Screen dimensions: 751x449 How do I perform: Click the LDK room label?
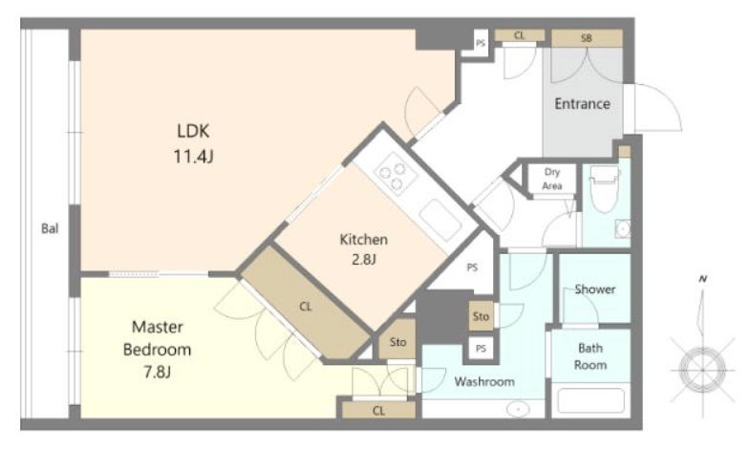(193, 131)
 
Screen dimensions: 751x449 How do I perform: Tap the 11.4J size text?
(193, 156)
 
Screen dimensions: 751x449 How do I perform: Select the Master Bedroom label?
(157, 338)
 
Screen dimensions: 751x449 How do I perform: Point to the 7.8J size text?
(157, 372)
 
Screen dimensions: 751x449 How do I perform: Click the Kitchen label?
(363, 240)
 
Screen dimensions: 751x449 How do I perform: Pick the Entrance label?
(583, 104)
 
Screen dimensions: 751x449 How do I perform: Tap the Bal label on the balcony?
(50, 228)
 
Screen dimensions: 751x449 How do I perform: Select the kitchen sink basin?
(440, 219)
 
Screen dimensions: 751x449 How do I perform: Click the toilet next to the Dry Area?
(605, 188)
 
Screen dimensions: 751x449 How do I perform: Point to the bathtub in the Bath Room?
(591, 400)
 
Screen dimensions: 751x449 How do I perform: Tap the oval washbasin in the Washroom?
(518, 409)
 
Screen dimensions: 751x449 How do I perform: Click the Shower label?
(595, 289)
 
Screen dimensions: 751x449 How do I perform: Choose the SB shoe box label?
(587, 38)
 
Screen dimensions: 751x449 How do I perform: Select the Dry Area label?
(552, 179)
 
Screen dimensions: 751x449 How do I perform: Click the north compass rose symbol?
(702, 370)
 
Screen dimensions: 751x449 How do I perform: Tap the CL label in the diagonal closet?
(306, 307)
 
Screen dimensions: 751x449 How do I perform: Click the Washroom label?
(484, 381)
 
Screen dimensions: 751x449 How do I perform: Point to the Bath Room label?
(590, 356)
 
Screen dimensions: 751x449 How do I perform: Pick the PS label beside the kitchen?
(472, 267)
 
